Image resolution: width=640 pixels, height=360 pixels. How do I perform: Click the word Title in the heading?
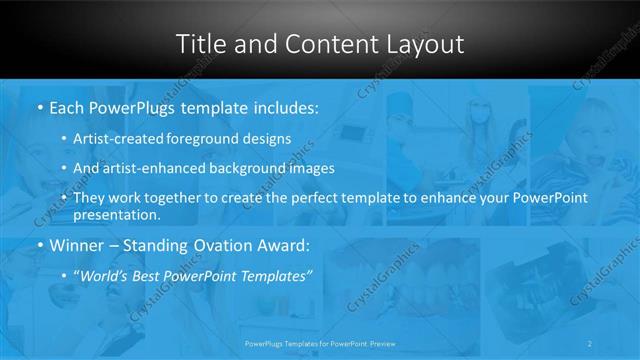tap(200, 44)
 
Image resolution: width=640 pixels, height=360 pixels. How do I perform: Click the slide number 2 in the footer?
tap(590, 342)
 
